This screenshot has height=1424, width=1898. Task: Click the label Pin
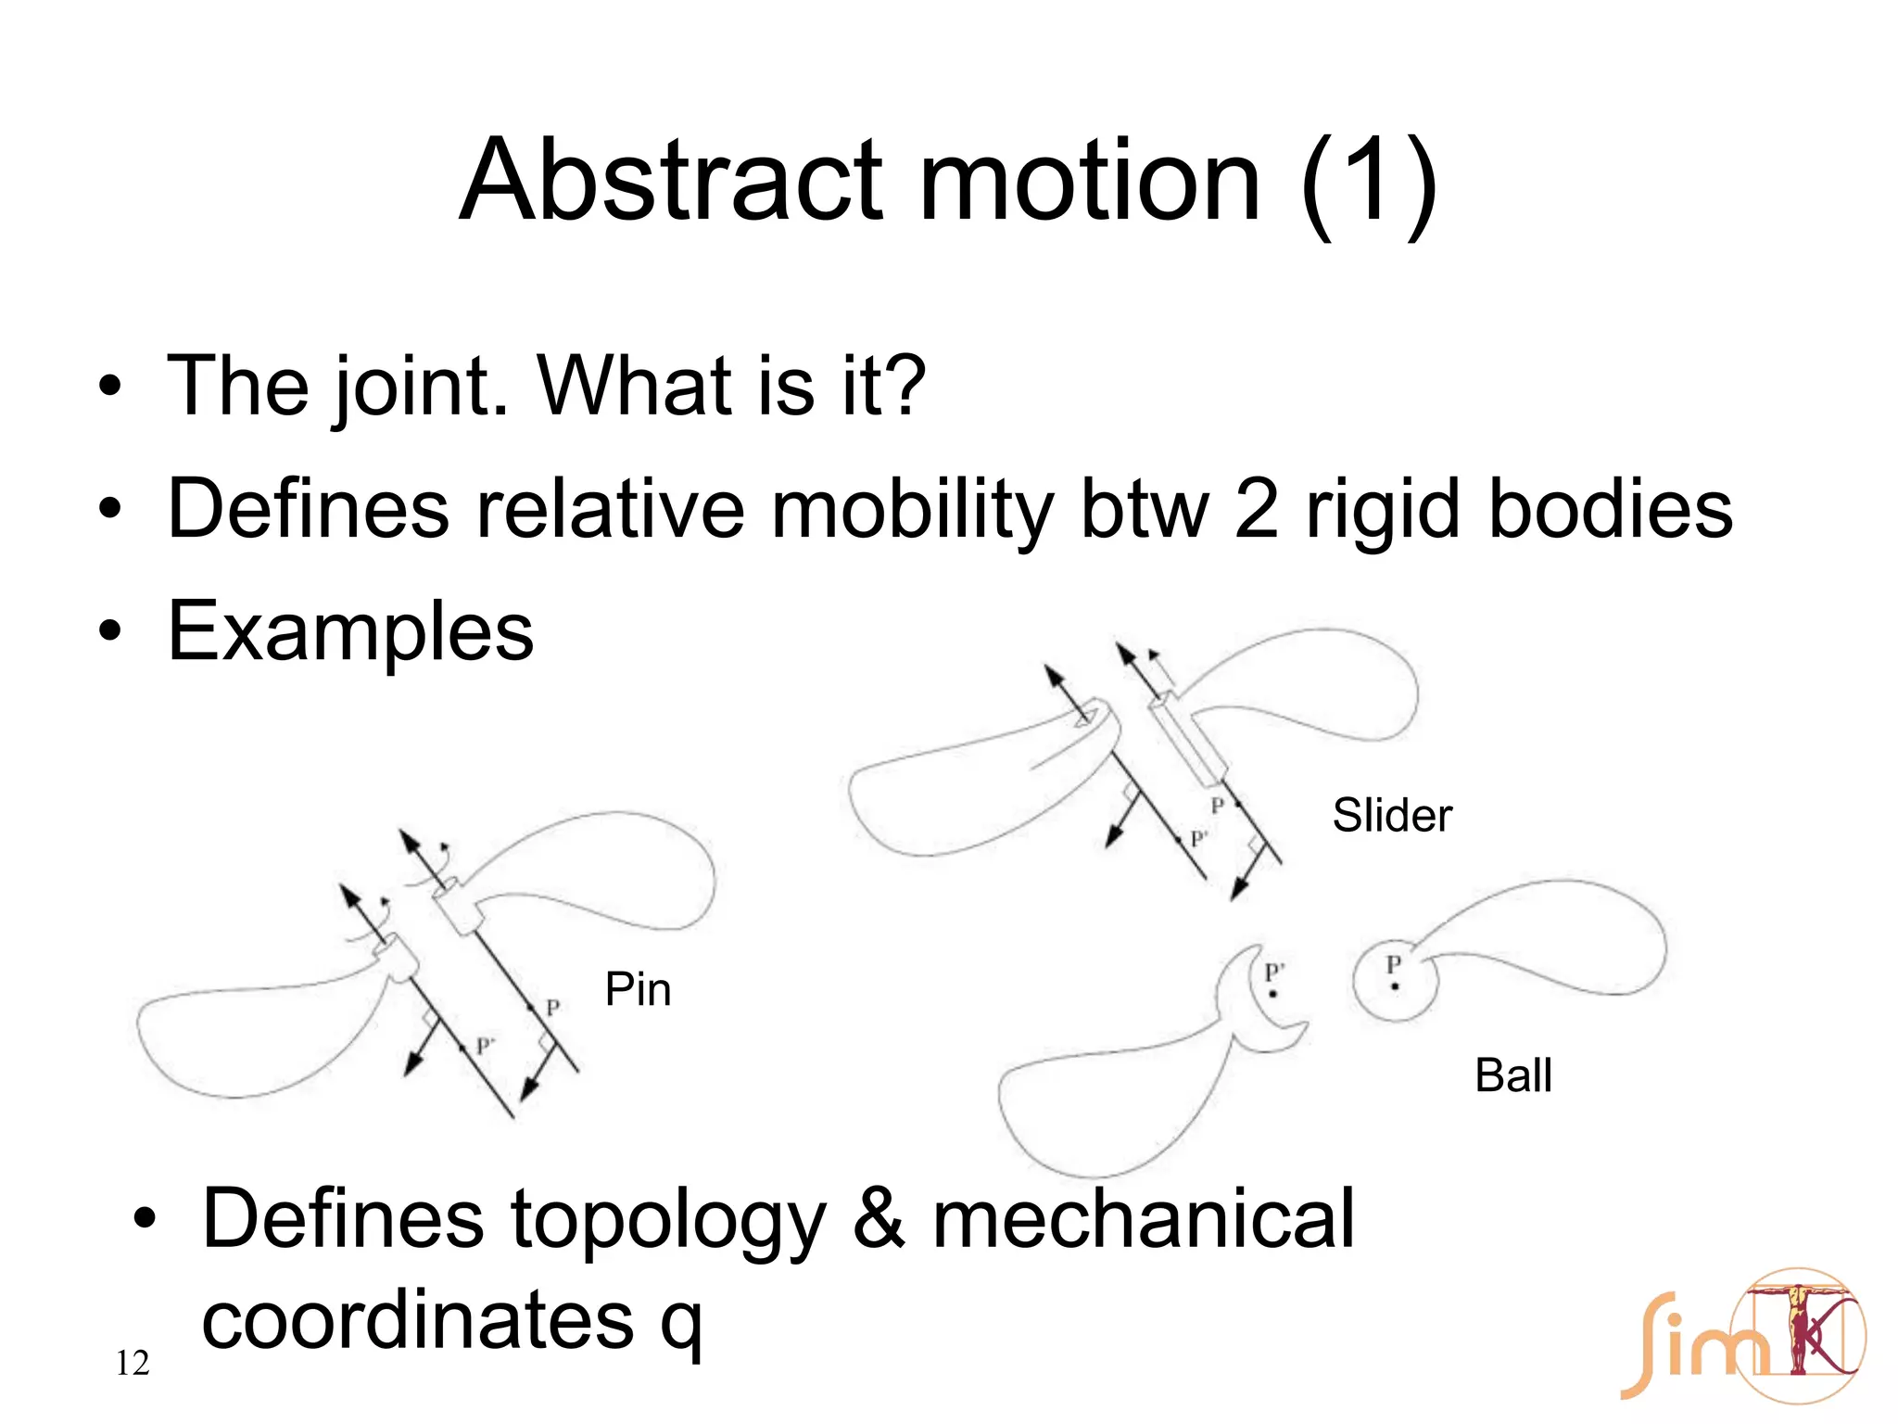point(638,989)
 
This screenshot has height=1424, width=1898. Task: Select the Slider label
point(1391,816)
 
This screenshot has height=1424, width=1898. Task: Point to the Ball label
point(1512,1075)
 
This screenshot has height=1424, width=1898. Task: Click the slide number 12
point(133,1363)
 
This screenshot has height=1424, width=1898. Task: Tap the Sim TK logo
point(1742,1335)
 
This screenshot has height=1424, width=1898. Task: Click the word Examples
point(350,632)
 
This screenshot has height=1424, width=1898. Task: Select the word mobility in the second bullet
point(912,510)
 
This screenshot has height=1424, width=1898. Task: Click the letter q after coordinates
point(681,1324)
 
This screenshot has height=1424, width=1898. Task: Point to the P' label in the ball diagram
point(1274,973)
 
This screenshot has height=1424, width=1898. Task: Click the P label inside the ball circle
point(1393,965)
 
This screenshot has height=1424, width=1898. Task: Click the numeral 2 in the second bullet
point(1256,510)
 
